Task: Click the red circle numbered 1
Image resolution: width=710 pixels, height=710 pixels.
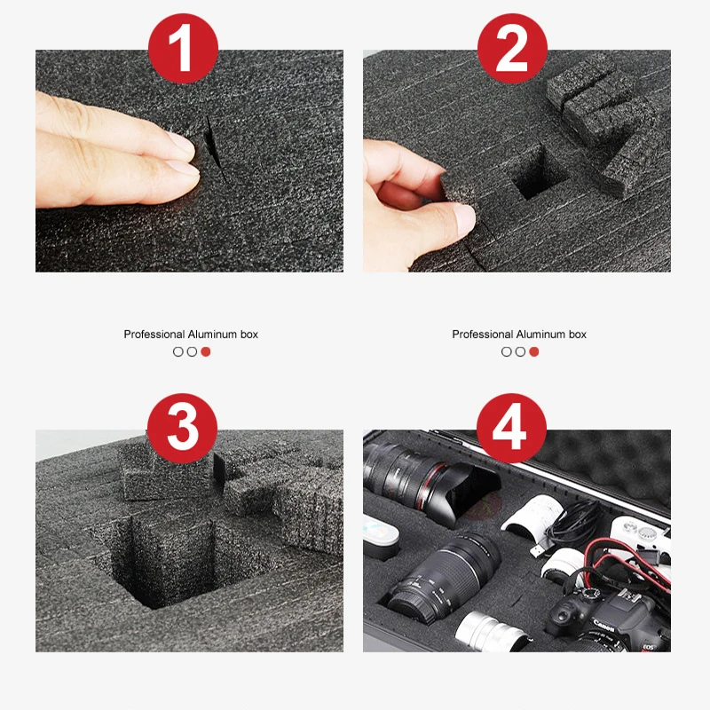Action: (183, 49)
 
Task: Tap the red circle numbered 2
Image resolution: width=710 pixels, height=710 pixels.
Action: (512, 49)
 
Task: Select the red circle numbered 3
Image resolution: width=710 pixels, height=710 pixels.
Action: (182, 429)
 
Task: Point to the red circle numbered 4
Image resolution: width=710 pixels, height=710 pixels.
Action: (511, 429)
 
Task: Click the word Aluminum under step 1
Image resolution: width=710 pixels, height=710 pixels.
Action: (212, 335)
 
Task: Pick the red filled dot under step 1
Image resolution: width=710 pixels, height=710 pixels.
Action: (206, 351)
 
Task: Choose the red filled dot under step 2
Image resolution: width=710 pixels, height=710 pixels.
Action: (534, 351)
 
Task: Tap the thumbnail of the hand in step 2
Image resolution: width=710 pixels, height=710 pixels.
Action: (464, 218)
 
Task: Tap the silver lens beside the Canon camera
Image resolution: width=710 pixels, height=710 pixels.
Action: (493, 633)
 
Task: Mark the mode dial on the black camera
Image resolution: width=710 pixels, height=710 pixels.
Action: (590, 594)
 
